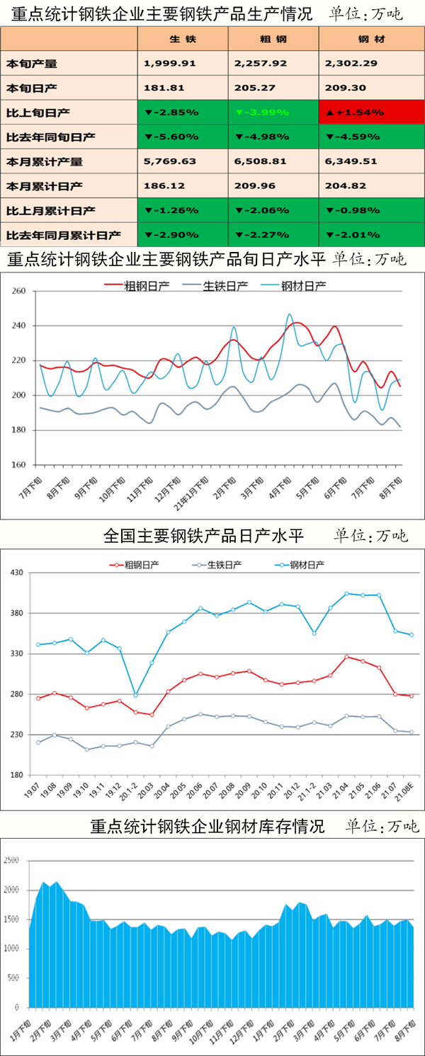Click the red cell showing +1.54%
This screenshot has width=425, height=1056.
coord(371,113)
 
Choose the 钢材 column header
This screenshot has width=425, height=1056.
coord(371,39)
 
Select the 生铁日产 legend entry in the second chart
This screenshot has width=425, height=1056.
coord(220,565)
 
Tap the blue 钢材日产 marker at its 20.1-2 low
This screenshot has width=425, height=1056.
coord(136,696)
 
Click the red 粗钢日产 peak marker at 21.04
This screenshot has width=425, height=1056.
coord(347,657)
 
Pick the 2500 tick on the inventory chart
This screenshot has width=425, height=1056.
coord(13,861)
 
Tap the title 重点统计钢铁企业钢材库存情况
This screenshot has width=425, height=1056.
coord(208,826)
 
